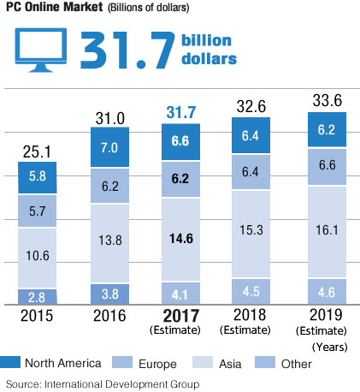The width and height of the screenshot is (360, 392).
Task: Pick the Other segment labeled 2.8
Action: pyautogui.click(x=38, y=298)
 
